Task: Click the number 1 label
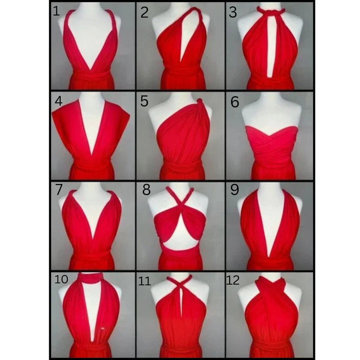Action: [x=56, y=11]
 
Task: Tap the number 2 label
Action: [x=144, y=12]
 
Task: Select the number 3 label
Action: [x=233, y=12]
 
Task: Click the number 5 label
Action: [x=144, y=101]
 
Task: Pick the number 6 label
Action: [x=235, y=102]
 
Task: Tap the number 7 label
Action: [x=59, y=189]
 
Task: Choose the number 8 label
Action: [x=147, y=190]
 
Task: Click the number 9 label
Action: [x=235, y=190]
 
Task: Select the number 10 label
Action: [x=61, y=279]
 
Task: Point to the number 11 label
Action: [x=144, y=281]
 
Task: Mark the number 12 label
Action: [x=233, y=280]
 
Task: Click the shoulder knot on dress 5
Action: [x=200, y=101]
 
